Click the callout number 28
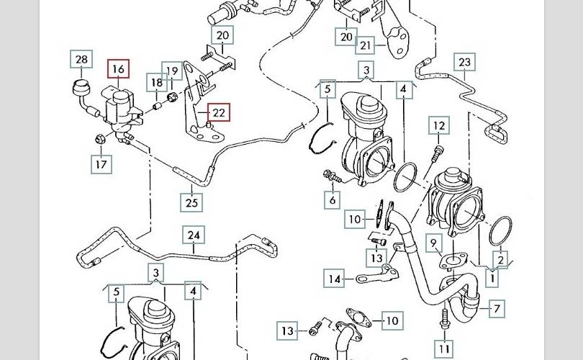coord(81,60)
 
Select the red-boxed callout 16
coord(118,70)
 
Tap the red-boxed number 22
coord(219,112)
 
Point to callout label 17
coord(101,165)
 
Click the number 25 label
coord(191,202)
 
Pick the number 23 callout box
coord(464,63)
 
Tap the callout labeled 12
coord(439,127)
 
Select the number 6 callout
coord(332,200)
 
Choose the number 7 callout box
coord(496,310)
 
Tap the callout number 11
coord(445,350)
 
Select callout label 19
coord(172,71)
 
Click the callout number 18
coord(157,84)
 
